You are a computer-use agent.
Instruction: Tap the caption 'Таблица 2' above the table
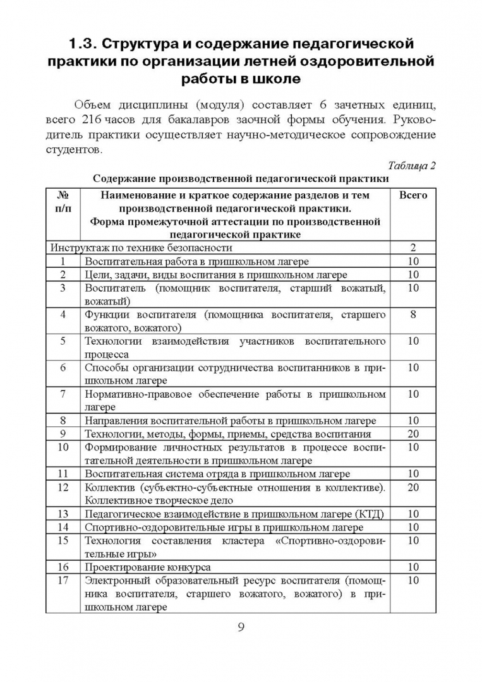[x=412, y=167]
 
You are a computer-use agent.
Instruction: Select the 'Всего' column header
[x=413, y=195]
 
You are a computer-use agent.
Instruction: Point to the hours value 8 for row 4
[x=413, y=314]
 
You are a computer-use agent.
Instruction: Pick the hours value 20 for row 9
[x=413, y=434]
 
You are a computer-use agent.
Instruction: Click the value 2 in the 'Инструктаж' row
[x=413, y=248]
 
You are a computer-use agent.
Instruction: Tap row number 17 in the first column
[x=63, y=580]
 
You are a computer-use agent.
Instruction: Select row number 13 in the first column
[x=63, y=513]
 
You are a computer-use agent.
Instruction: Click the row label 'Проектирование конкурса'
[x=148, y=567]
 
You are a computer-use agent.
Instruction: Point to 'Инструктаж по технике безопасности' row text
[x=142, y=248]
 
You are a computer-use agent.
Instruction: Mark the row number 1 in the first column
[x=63, y=261]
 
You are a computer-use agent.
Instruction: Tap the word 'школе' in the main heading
[x=274, y=80]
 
